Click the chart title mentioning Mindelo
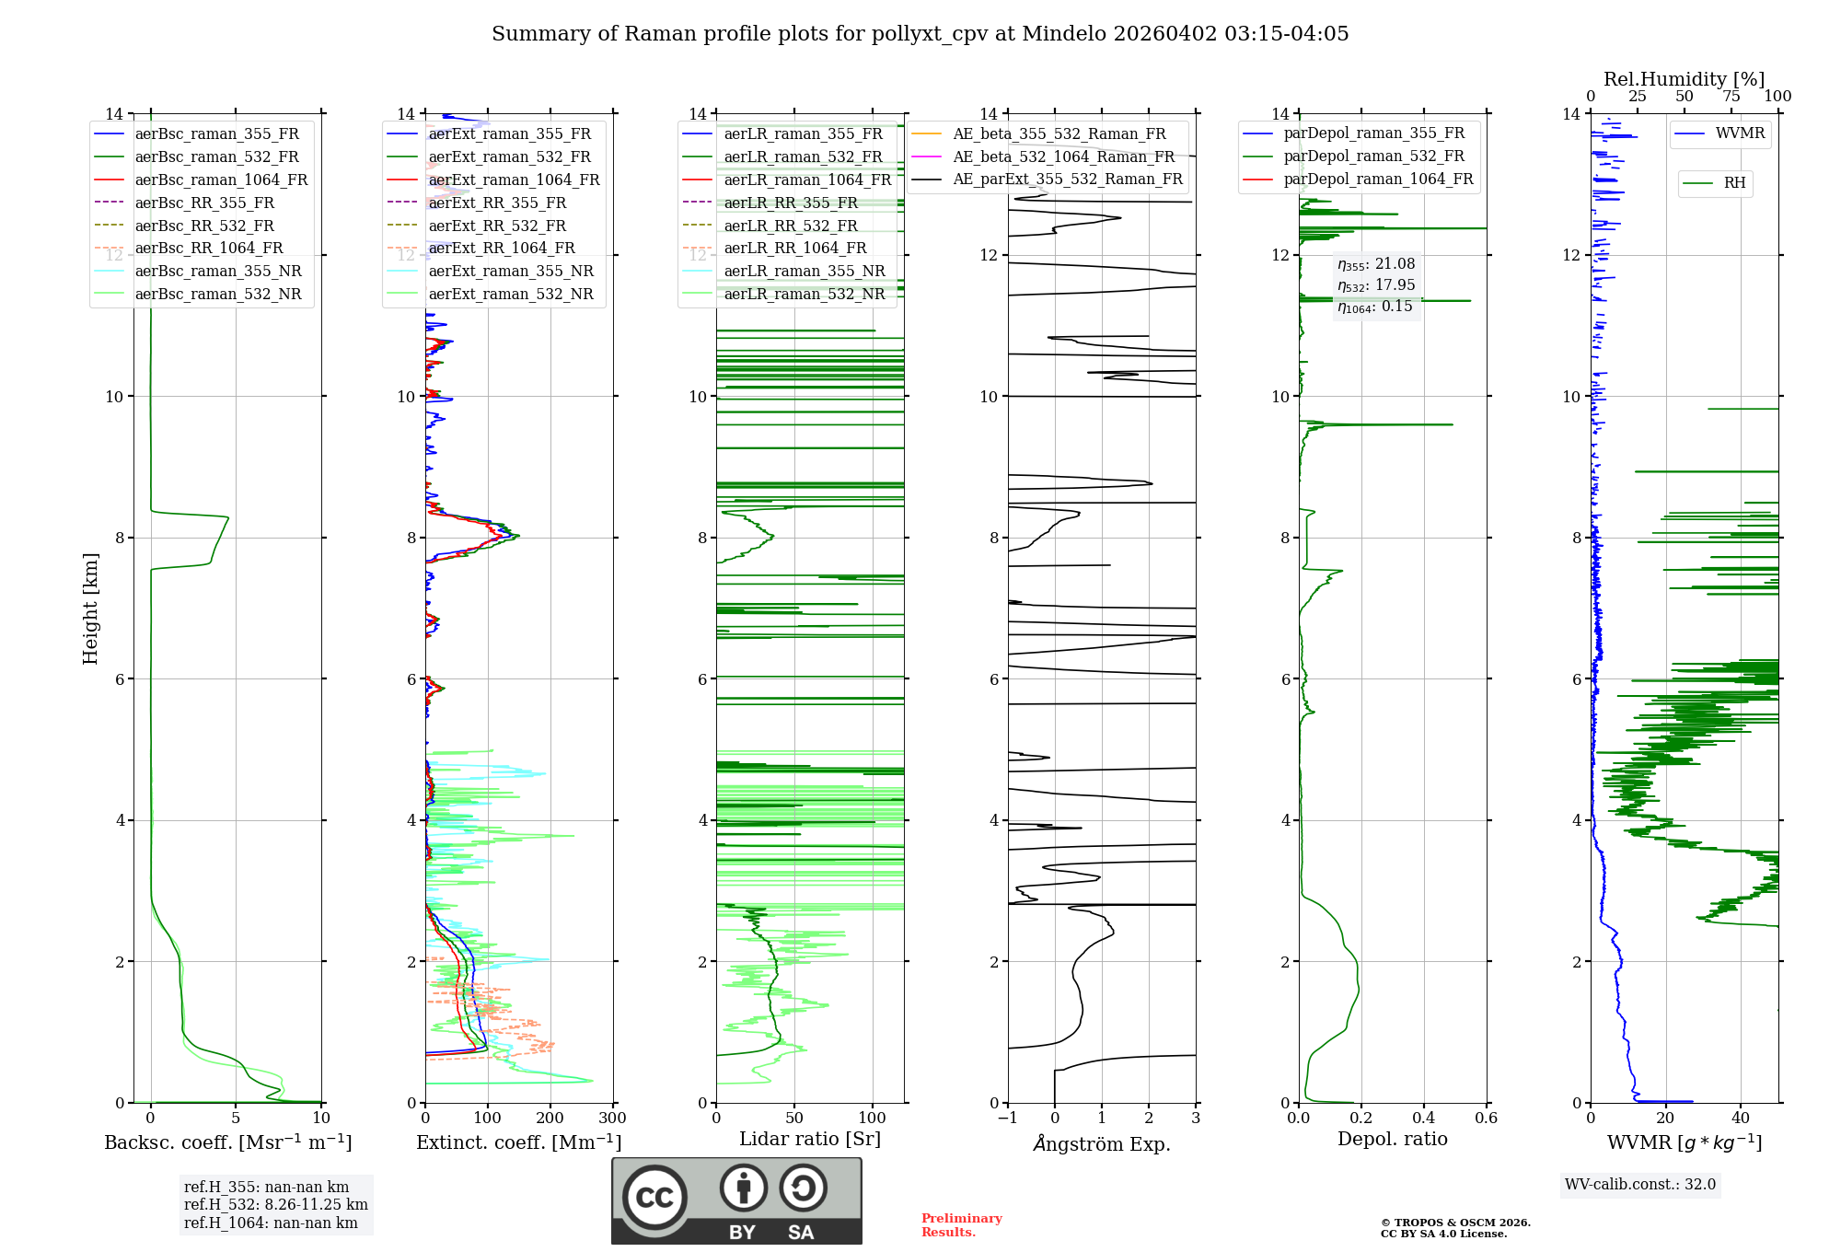(920, 34)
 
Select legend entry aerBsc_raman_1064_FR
(221, 180)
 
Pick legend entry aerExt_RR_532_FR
(497, 226)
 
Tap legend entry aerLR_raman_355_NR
(804, 271)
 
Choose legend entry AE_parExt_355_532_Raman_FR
(1067, 179)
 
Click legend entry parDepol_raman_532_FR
(1373, 156)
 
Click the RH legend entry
(1734, 183)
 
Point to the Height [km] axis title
(90, 609)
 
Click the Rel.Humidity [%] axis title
(1684, 79)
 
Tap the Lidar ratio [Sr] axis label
(809, 1139)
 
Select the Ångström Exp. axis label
(1101, 1143)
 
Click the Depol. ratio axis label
(1392, 1139)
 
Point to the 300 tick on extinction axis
(612, 1119)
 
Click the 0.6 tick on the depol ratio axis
(1486, 1119)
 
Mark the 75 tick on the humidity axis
(1731, 97)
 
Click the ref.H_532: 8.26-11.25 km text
(275, 1204)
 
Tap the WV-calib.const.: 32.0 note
(1640, 1184)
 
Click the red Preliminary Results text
(961, 1225)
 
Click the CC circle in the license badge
(654, 1197)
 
